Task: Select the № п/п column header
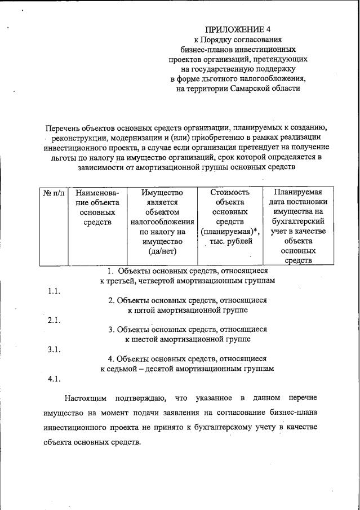[x=54, y=193]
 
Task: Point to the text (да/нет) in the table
[x=161, y=251]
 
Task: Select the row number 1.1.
[x=54, y=291]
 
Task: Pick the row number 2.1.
[x=54, y=320]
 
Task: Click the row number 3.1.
[x=54, y=349]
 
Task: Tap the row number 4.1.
[x=54, y=379]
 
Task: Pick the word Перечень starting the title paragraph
[x=66, y=127]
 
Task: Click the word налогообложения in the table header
[x=162, y=222]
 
